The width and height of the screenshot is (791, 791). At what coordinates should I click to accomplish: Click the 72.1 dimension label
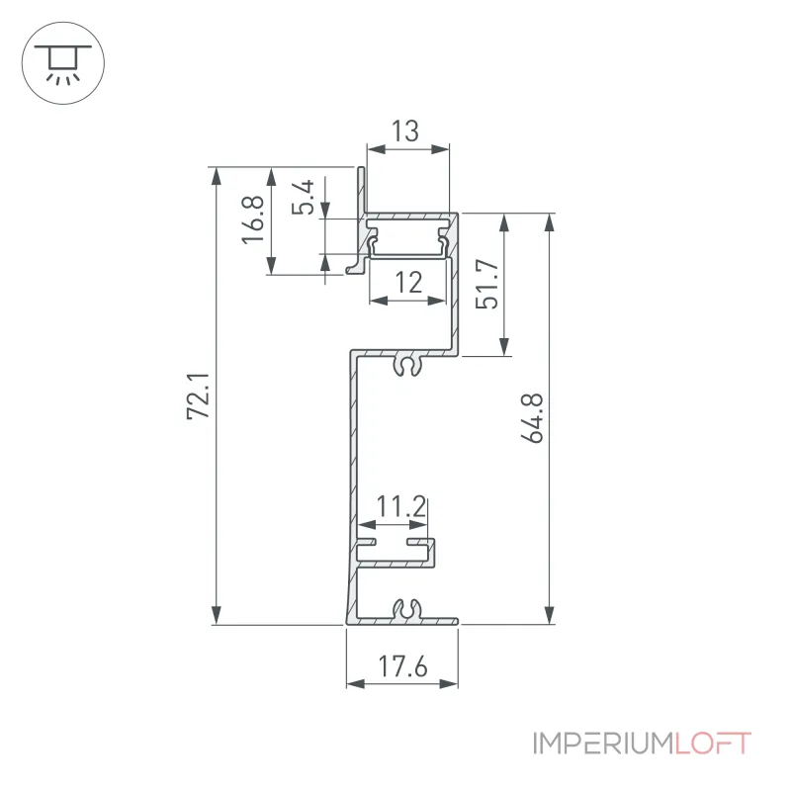198,396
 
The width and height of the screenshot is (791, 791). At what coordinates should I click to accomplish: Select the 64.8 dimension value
532,418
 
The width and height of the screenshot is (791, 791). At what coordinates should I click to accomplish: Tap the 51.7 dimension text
487,284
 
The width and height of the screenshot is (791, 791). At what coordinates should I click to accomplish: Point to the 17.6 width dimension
402,665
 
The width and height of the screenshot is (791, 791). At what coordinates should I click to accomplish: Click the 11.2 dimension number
401,506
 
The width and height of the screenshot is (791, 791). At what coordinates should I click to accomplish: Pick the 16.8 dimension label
253,220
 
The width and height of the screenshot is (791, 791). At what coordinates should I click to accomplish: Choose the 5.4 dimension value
304,197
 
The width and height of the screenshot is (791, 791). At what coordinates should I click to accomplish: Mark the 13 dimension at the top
405,132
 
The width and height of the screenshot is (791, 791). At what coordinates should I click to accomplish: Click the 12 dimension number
408,283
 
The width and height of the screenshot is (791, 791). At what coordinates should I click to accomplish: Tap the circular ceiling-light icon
63,63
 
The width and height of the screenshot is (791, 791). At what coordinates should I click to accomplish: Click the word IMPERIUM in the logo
603,744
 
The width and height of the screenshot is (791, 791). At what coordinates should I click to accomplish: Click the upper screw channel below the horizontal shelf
407,365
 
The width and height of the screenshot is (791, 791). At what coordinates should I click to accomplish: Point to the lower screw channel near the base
407,610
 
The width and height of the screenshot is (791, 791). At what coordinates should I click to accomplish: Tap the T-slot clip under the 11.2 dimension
395,553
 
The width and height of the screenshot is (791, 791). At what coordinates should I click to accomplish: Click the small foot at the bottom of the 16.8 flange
355,267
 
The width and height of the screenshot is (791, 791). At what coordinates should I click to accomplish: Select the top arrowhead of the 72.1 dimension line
217,177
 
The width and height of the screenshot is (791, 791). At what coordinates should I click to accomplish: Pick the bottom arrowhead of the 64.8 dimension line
550,615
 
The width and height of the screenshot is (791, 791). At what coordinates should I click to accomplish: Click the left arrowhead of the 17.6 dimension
356,684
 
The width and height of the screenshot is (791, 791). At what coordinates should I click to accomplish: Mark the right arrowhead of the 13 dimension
439,149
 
